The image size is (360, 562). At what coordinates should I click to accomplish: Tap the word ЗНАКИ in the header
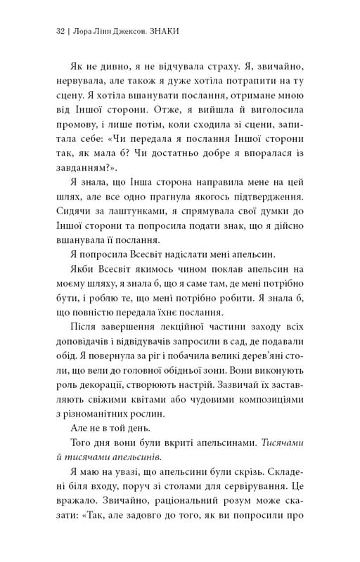point(159,31)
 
